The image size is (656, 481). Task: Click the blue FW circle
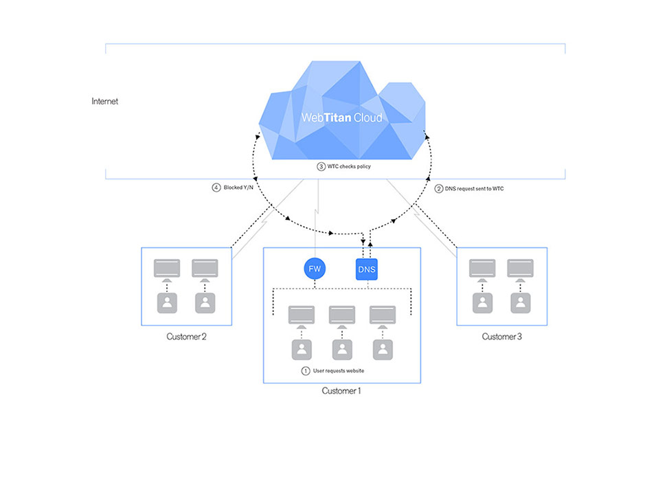tap(315, 269)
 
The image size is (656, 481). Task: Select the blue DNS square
tap(367, 269)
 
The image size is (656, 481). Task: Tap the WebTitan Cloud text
tap(342, 118)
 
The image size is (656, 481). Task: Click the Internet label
tap(104, 101)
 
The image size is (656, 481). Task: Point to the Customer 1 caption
tap(341, 390)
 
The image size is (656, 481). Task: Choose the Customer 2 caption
tap(187, 337)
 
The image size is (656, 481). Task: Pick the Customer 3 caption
tap(502, 337)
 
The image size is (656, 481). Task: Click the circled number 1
tap(306, 371)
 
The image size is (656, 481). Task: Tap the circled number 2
tap(438, 189)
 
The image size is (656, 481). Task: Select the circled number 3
tap(321, 166)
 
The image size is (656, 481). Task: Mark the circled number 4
tap(216, 188)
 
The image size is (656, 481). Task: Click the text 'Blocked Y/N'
tap(238, 188)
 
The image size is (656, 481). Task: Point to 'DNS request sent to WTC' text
tap(475, 189)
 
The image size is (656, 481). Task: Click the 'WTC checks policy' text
tap(349, 166)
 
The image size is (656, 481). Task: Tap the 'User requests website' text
tap(339, 371)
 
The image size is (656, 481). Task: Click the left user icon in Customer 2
tap(167, 303)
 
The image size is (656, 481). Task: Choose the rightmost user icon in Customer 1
tap(383, 350)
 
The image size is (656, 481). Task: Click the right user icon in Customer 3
tap(521, 303)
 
